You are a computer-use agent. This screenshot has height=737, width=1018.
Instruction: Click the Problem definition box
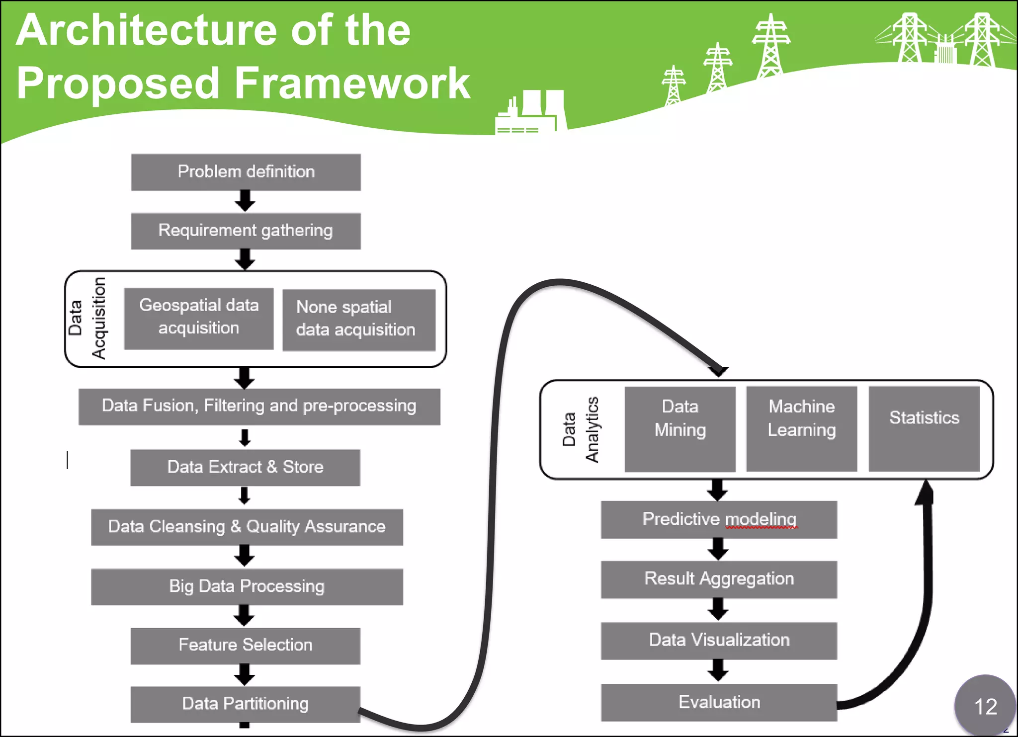tap(246, 172)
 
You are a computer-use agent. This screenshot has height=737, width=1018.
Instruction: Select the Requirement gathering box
tap(246, 231)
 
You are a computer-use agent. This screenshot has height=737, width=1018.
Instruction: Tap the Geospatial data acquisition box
tap(198, 319)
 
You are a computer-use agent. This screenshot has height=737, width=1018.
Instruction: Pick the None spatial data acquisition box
tap(358, 320)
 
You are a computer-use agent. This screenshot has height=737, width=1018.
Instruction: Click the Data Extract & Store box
tap(245, 468)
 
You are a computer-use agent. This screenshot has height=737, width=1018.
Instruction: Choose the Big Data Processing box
tap(247, 587)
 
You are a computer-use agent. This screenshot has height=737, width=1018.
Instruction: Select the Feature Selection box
tap(245, 646)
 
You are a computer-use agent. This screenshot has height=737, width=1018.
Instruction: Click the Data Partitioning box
tap(245, 704)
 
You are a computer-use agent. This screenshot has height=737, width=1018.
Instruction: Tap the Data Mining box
tap(679, 428)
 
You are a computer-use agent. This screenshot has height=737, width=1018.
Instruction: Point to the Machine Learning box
tap(801, 428)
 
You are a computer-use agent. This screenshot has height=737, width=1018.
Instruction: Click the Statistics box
tap(924, 428)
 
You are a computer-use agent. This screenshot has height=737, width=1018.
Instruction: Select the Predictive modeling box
tap(719, 519)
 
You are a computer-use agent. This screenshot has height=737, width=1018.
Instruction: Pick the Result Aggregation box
tap(719, 579)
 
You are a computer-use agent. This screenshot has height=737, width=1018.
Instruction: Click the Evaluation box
tap(719, 702)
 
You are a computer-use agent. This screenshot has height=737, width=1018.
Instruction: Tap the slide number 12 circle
tap(985, 706)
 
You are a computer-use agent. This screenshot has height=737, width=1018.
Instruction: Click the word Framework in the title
tap(351, 83)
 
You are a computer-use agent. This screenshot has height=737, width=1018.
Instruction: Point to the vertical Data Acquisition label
tap(87, 319)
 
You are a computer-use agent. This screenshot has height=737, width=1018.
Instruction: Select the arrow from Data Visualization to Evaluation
tap(718, 670)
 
